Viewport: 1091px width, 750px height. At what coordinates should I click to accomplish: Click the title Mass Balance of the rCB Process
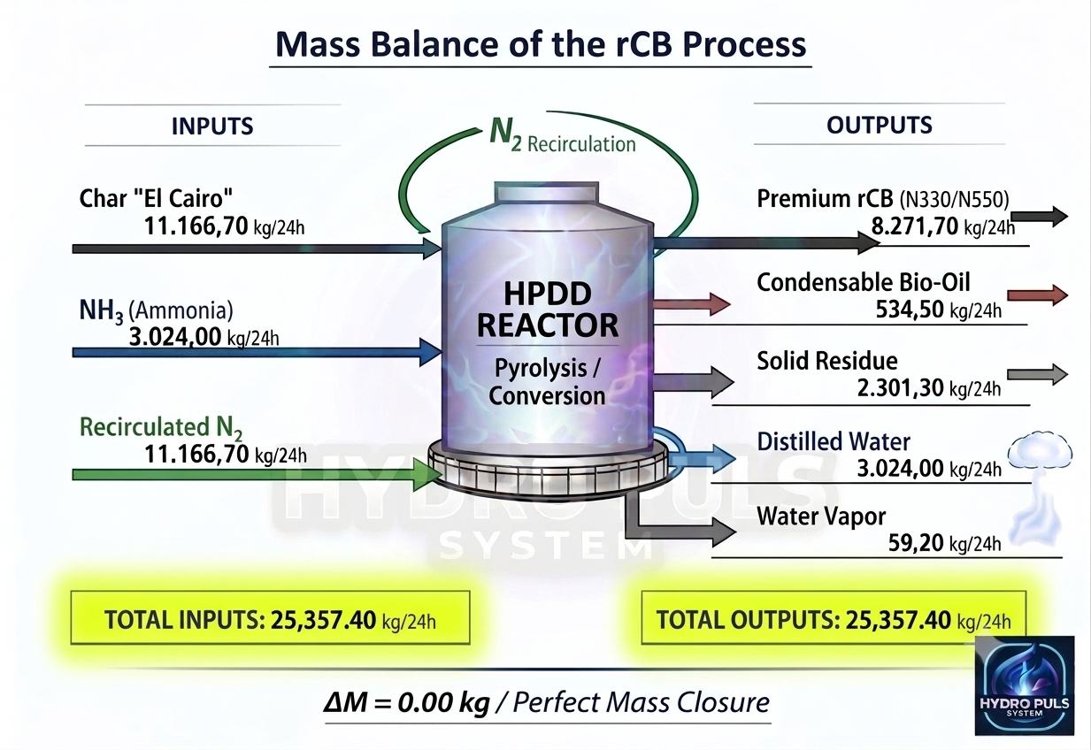(541, 44)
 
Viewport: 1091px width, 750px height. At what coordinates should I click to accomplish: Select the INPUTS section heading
(212, 126)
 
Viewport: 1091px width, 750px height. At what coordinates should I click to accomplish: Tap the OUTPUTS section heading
(880, 125)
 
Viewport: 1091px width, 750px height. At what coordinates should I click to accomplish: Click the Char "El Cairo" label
(156, 198)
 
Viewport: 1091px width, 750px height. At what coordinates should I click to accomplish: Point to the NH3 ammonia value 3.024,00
(175, 336)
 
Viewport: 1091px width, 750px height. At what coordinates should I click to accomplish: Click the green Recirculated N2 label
(161, 428)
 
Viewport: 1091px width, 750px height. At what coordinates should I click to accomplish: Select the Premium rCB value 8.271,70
(915, 226)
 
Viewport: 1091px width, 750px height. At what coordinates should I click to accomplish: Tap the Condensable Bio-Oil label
(863, 282)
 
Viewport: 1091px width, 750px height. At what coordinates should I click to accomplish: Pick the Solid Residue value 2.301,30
(901, 388)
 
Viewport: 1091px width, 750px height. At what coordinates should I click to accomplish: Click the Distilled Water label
(834, 441)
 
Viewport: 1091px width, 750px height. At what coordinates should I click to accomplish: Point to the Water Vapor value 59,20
(916, 543)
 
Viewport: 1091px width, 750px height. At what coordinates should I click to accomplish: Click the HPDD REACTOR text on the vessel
(548, 309)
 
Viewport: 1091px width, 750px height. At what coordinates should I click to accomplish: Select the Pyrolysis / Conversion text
(547, 382)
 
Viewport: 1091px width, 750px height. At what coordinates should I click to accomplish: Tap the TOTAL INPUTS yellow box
(270, 617)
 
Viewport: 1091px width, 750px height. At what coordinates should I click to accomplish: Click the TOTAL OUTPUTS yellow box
(834, 617)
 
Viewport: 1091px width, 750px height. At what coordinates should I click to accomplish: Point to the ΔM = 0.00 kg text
(407, 702)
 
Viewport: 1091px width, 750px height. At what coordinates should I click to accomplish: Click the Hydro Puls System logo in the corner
(1025, 685)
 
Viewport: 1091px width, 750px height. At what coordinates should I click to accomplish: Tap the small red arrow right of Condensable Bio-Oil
(1037, 295)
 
